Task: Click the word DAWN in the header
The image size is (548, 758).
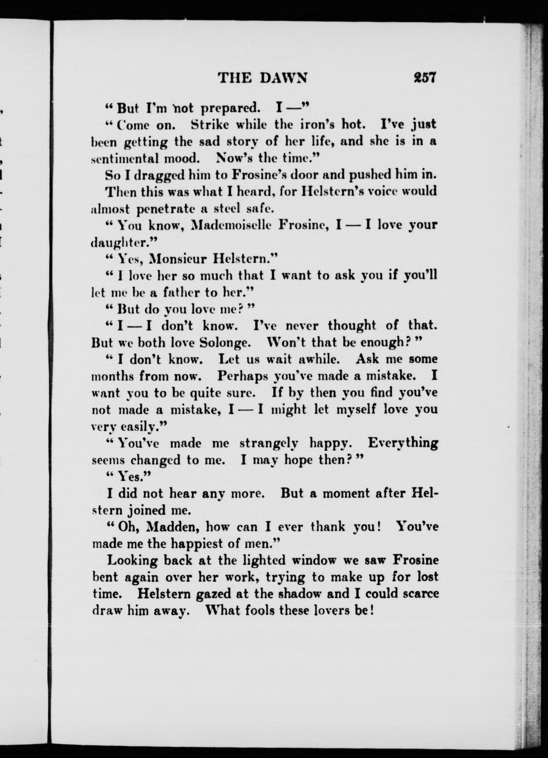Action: [283, 78]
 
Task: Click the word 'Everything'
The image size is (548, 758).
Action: [403, 444]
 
